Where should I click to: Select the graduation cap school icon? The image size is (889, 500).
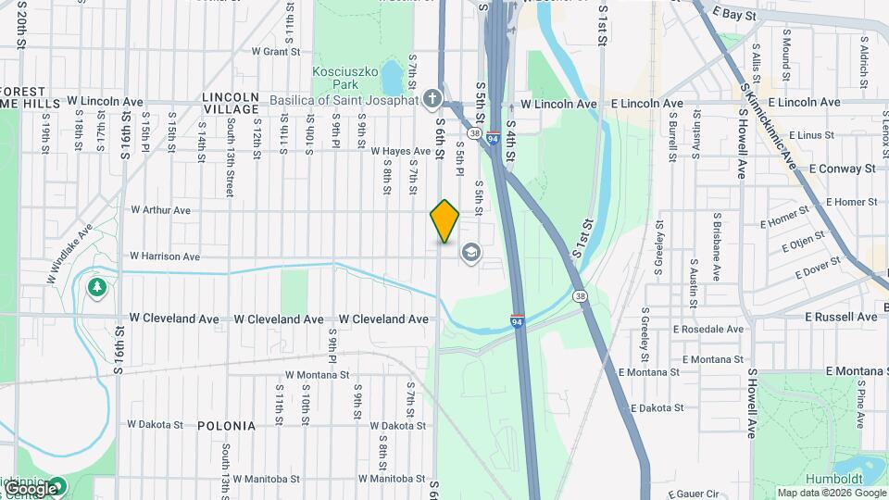tap(471, 253)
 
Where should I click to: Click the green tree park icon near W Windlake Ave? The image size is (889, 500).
tap(96, 288)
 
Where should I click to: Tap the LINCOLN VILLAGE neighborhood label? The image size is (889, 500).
tap(231, 103)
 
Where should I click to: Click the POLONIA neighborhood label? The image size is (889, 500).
tap(226, 426)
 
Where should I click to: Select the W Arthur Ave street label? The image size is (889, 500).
tap(160, 210)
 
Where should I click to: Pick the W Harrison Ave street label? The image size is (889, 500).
tap(165, 256)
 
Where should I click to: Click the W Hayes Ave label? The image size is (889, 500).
tap(401, 151)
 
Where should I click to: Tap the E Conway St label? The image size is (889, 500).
tap(842, 169)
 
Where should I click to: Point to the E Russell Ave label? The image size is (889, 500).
tap(841, 317)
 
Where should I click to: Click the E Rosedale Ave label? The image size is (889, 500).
tap(708, 330)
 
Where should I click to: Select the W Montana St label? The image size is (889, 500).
tap(317, 375)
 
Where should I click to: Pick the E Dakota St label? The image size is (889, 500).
tap(657, 407)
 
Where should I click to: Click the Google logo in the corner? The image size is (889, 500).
tap(31, 488)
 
